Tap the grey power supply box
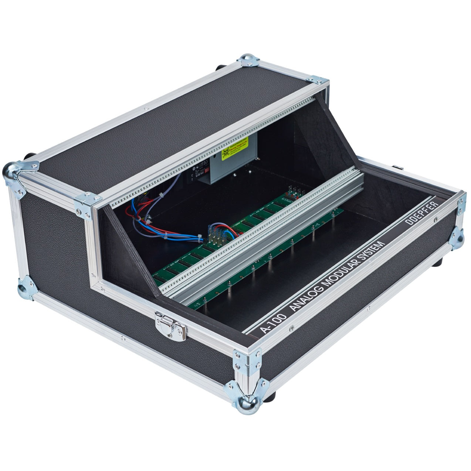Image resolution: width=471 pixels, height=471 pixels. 221,168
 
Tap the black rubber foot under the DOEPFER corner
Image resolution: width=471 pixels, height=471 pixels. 439,262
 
